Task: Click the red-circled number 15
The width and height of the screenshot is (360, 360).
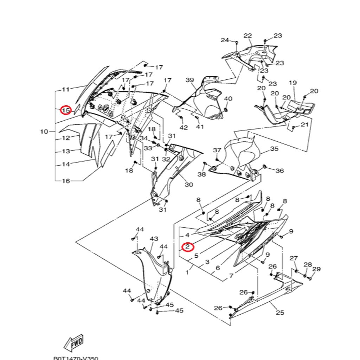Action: [x=66, y=110]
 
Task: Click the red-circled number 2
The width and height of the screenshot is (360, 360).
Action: [x=188, y=247]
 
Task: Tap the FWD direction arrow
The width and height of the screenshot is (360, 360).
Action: [x=73, y=343]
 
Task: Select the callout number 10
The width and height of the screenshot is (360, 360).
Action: [x=44, y=131]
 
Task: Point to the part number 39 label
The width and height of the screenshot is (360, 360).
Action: [x=190, y=80]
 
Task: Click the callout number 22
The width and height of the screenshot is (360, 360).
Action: [x=248, y=36]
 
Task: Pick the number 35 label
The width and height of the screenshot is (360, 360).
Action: [x=274, y=149]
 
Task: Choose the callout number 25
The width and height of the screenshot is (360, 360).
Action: [x=280, y=312]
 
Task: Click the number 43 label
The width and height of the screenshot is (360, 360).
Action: [x=154, y=239]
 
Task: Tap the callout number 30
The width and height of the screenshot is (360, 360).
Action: [x=189, y=185]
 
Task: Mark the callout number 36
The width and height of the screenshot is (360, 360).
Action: [x=279, y=171]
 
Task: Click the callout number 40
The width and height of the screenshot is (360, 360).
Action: [x=228, y=99]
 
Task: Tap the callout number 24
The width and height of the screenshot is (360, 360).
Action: [x=225, y=40]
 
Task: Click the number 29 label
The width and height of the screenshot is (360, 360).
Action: [x=316, y=269]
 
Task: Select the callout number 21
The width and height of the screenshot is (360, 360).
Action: [x=304, y=124]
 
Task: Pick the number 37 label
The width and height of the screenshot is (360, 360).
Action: [x=217, y=150]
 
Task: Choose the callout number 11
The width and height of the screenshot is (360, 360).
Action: [x=66, y=89]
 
